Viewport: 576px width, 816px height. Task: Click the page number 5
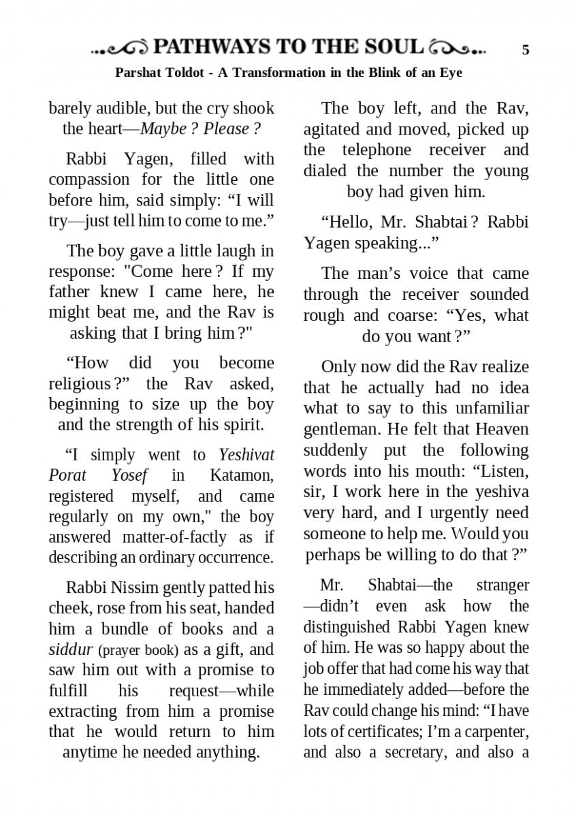525,50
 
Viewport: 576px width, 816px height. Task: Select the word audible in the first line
115,108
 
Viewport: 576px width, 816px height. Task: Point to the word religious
81,383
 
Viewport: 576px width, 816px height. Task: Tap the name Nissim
141,587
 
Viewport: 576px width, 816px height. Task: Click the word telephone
377,150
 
